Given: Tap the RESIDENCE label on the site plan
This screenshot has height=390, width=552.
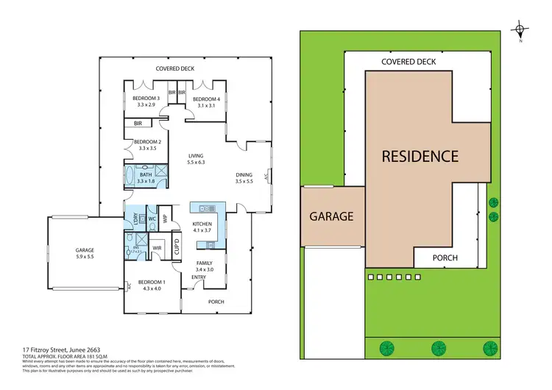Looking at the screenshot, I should point(420,156).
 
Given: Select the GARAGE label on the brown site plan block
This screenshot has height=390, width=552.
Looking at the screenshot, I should point(331,216).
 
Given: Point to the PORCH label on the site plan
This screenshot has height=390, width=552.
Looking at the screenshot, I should point(444,258).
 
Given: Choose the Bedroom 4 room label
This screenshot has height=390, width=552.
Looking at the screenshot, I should point(206,102).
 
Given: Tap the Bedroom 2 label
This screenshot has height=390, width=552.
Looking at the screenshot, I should point(146,145).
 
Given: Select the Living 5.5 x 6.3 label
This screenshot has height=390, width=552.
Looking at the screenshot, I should point(196,160).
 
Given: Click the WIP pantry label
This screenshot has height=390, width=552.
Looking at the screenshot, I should point(166,219).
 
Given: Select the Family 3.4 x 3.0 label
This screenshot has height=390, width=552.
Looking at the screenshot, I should point(204,266).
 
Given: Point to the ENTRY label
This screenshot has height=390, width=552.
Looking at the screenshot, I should point(199,277).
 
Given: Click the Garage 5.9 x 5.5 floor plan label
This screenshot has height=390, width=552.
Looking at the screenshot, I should point(85,253).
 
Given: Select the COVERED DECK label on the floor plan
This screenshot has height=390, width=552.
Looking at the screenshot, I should point(174,69).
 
